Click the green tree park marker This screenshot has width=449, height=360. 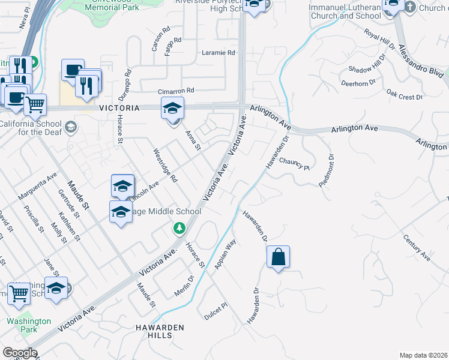coord(179,227)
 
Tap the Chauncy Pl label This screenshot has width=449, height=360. coord(294,164)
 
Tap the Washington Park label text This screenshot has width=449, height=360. coord(28,325)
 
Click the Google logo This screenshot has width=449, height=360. coord(20,352)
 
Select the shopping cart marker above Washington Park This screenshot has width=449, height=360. coord(19,294)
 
